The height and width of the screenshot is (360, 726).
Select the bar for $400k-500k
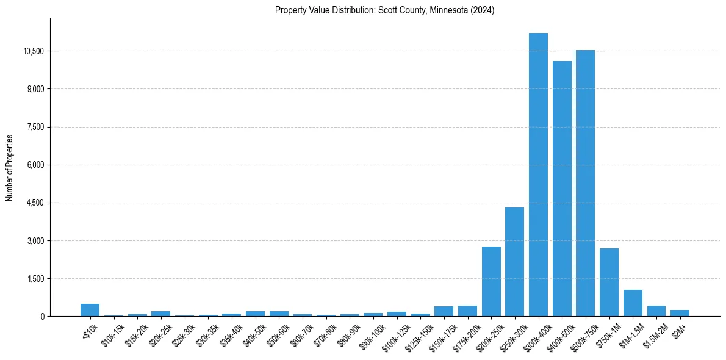pos(562,189)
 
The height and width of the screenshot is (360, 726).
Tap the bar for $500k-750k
pos(585,183)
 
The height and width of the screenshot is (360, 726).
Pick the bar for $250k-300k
pos(514,262)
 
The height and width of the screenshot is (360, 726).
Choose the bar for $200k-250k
pos(491,281)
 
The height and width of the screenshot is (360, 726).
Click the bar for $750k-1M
pos(609,282)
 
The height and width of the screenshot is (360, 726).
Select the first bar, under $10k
pos(90,310)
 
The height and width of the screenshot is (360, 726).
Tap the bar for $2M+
pos(680,313)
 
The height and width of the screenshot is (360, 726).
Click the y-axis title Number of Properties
pos(10,167)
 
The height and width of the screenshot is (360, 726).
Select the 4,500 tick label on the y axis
pos(37,203)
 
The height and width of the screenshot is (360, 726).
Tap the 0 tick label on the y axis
pos(42,317)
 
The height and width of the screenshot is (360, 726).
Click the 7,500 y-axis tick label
pos(37,127)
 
